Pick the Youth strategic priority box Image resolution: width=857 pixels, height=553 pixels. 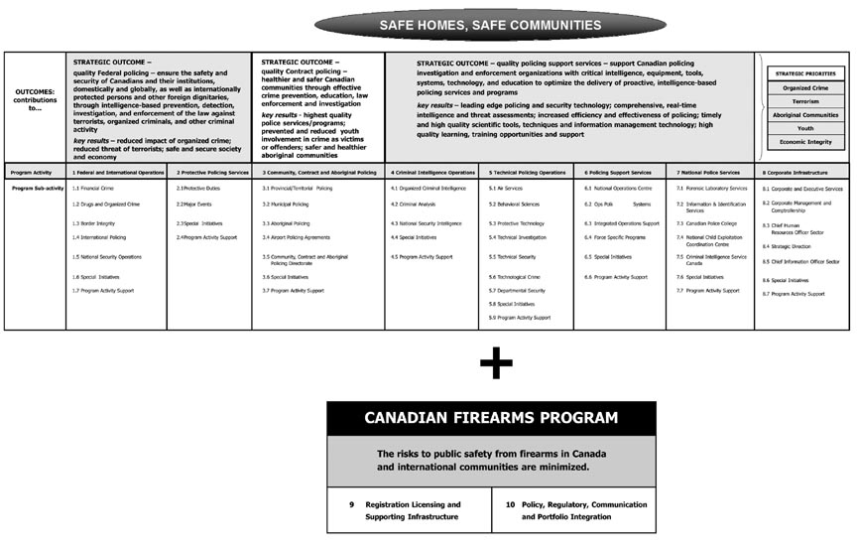pos(804,127)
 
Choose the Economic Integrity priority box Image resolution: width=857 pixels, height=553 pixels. pos(804,141)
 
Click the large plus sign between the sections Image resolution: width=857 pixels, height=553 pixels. pos(494,363)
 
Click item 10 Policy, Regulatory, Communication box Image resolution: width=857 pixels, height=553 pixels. pos(573,510)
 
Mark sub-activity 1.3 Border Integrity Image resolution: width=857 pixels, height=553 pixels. pos(93,223)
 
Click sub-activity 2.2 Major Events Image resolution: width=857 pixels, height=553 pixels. pos(194,205)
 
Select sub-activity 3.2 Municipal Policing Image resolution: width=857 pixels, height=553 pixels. pos(286,205)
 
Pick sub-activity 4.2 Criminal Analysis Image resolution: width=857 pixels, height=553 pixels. pos(414,205)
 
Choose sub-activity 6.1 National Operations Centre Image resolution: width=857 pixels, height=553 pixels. pos(618,188)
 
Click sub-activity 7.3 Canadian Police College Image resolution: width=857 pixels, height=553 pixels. pos(710,223)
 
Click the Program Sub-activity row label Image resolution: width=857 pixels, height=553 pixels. pos(36,188)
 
